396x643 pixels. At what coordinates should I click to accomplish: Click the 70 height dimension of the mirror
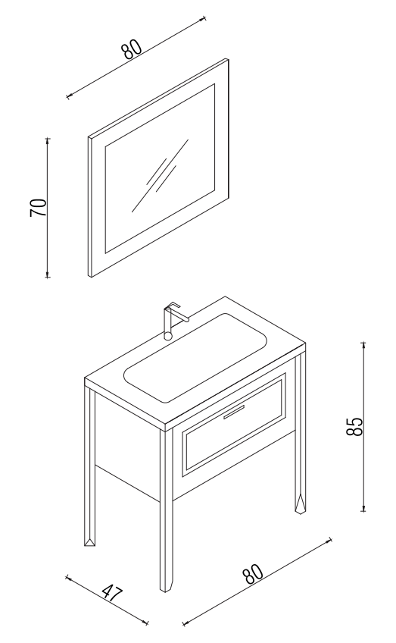click(39, 208)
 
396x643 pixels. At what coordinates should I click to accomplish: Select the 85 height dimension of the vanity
click(354, 426)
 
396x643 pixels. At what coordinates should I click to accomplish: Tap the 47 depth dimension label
click(111, 593)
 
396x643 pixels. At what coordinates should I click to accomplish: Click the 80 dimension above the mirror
click(132, 49)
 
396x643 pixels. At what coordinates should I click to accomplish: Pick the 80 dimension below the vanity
click(254, 573)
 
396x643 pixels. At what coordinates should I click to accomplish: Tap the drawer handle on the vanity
click(233, 412)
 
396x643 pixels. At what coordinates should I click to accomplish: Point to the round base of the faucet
click(168, 336)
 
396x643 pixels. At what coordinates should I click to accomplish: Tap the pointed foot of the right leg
click(300, 504)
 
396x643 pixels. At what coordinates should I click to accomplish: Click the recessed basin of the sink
click(195, 358)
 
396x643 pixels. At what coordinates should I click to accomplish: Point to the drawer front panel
click(234, 425)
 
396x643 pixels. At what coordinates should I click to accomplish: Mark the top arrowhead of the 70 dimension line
click(48, 141)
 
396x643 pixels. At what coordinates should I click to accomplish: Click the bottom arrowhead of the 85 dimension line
click(363, 509)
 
